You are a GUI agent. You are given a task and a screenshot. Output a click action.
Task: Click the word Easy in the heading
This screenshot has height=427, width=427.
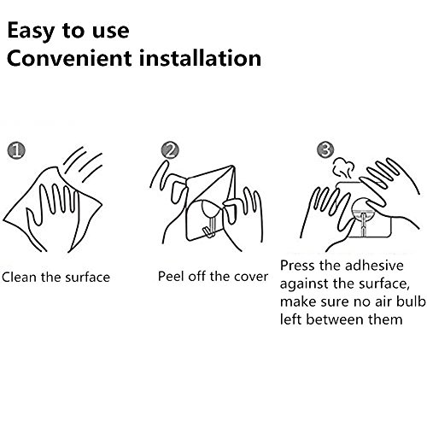coord(31,31)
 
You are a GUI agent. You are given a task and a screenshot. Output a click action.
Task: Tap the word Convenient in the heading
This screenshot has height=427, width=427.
coord(69,58)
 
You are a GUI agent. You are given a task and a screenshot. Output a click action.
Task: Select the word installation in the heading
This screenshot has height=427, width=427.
coord(200,58)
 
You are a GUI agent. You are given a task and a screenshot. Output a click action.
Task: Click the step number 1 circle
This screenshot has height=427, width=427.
coord(16,150)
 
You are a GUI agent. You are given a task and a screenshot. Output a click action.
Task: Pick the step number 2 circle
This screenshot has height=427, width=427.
coord(170,150)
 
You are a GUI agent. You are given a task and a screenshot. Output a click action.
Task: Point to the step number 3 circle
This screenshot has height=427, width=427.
coord(325,149)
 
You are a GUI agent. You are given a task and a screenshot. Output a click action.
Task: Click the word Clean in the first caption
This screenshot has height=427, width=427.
coord(20,277)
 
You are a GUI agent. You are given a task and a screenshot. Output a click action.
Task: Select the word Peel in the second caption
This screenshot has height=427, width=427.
coord(171,276)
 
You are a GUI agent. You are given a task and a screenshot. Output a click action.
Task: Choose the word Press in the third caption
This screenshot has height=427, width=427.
coord(297,266)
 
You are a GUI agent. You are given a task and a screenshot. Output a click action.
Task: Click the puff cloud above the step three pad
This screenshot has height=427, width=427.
coord(343,168)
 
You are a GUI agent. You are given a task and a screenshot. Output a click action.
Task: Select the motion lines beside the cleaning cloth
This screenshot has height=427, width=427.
coord(83,165)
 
